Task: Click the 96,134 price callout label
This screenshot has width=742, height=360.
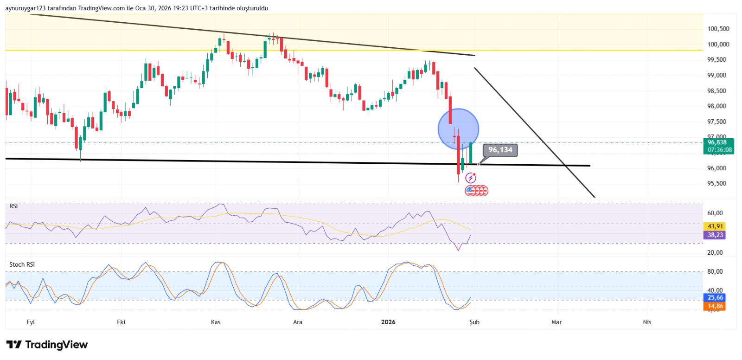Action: pos(500,150)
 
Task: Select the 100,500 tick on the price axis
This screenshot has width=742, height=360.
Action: pos(718,29)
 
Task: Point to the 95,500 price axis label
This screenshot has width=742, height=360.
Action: pos(716,183)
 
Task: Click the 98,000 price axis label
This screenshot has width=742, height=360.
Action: pos(716,106)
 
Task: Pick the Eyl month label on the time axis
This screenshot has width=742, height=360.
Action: pos(31,322)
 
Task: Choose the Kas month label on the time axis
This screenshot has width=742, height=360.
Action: pos(216,322)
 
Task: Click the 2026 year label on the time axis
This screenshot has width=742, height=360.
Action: pos(388,322)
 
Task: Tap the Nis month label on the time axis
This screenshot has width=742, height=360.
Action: pos(647,322)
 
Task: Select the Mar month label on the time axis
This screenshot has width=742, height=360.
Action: pos(556,322)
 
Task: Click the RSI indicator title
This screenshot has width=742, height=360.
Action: pos(13,206)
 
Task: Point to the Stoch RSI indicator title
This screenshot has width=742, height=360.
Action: pos(22,264)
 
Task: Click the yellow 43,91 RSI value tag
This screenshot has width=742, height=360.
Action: pos(715,226)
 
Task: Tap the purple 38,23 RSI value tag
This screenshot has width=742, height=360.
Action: pos(715,235)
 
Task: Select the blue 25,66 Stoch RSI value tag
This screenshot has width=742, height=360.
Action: pos(715,297)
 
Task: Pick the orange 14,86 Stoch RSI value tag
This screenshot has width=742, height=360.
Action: pos(715,306)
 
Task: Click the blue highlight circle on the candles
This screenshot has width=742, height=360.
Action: pos(458,129)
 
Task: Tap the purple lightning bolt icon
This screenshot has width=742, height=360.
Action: pos(471,178)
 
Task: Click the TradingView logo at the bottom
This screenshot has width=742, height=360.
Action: pos(47,345)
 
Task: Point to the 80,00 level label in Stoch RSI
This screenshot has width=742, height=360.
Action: pos(715,271)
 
